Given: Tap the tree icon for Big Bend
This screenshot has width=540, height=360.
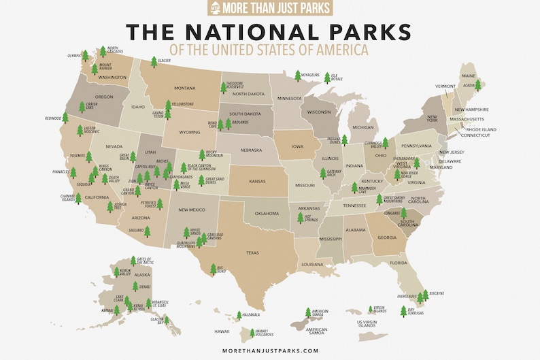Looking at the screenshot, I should (x=213, y=270).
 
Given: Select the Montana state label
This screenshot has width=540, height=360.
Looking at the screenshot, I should (x=184, y=88).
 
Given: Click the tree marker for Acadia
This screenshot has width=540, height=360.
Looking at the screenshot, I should (x=478, y=85).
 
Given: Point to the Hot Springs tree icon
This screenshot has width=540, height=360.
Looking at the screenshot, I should (x=301, y=218).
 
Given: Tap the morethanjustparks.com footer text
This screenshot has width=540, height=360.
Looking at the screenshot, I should (x=270, y=350).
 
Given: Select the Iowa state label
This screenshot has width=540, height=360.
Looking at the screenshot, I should (x=298, y=146).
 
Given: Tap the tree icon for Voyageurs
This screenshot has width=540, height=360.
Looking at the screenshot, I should (x=298, y=76).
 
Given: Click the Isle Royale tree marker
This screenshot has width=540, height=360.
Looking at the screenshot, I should (x=327, y=78).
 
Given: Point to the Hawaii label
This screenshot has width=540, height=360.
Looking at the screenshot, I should (x=222, y=331).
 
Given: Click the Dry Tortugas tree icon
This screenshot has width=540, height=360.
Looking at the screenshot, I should (x=403, y=312).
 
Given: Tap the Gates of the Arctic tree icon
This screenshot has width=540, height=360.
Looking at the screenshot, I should (x=133, y=261).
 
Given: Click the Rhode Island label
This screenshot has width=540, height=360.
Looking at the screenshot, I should (x=484, y=129).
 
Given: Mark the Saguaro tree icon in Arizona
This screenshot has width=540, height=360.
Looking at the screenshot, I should (x=147, y=231).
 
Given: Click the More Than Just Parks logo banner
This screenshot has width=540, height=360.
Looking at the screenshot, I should (x=270, y=7).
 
